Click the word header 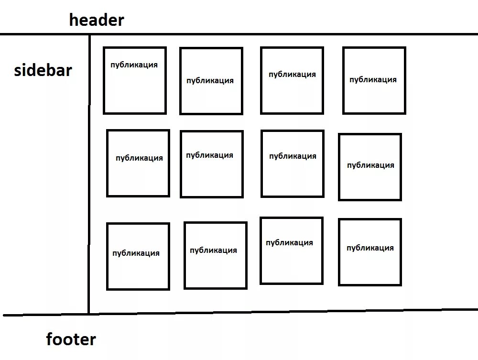tap(97, 20)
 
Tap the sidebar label tap(43, 70)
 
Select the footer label tap(71, 339)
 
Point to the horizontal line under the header tap(287, 34)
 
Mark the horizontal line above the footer tap(287, 312)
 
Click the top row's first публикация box tap(135, 80)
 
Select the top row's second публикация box tap(211, 81)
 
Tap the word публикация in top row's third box tap(292, 75)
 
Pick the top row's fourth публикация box tap(374, 80)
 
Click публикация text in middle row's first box tap(139, 158)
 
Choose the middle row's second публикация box tap(212, 164)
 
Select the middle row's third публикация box tap(293, 164)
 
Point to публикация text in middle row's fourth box tap(370, 165)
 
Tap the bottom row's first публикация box tap(138, 256)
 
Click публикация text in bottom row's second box tap(213, 251)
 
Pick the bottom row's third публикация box tap(292, 251)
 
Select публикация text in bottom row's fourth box tap(370, 248)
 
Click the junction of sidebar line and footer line tap(89, 314)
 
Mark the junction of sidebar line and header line tap(89, 34)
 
